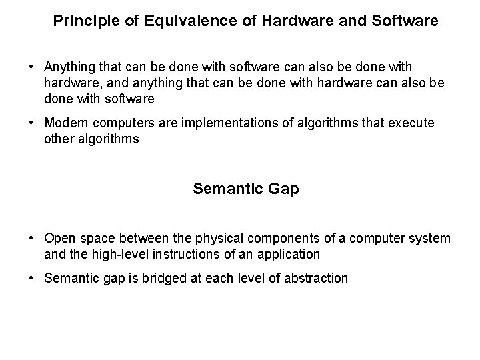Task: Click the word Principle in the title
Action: [81, 21]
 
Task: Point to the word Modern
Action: [63, 123]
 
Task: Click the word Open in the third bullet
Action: [58, 238]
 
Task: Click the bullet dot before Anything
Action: [31, 67]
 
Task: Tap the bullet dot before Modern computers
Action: [31, 123]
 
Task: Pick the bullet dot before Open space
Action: [31, 238]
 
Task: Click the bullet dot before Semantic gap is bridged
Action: [31, 278]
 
